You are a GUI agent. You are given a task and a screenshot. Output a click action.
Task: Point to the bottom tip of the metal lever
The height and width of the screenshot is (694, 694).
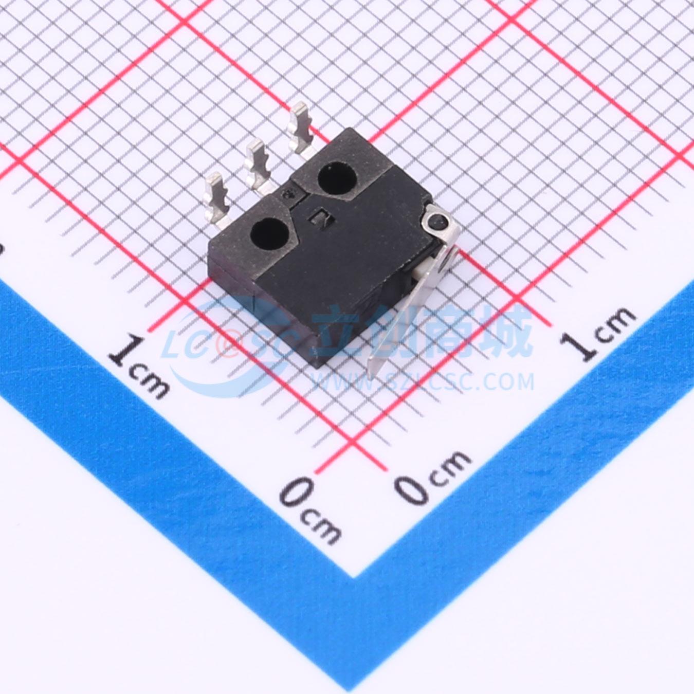tap(371, 378)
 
